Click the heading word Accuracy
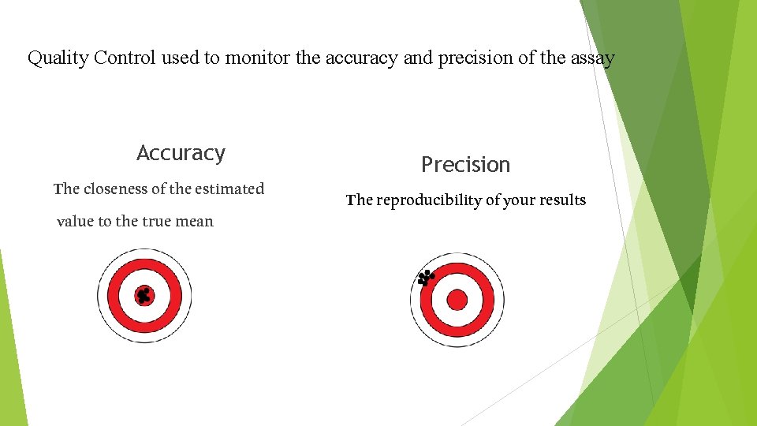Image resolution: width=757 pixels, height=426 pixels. click(x=181, y=153)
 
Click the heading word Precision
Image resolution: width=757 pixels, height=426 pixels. click(x=465, y=165)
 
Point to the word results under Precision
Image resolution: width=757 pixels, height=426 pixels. click(x=561, y=200)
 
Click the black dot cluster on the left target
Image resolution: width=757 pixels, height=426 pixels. click(x=143, y=296)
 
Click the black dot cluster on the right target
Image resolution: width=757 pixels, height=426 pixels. click(x=426, y=277)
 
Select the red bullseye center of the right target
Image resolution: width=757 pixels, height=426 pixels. click(x=457, y=300)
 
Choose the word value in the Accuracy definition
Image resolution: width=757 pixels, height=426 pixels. click(x=75, y=222)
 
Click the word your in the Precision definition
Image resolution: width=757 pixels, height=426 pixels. click(x=518, y=200)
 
